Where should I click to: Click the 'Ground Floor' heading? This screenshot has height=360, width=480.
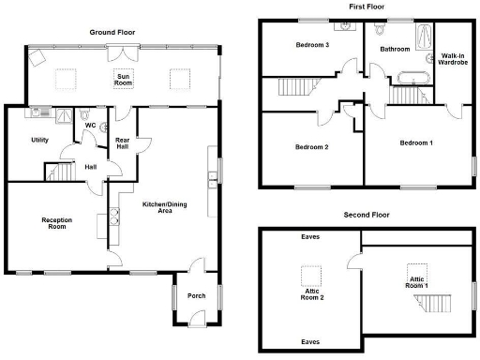112,32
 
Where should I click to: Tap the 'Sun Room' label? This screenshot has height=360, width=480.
123,79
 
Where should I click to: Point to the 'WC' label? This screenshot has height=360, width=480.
91,125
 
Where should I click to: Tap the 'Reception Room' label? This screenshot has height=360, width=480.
57,223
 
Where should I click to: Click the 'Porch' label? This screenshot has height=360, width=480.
196,295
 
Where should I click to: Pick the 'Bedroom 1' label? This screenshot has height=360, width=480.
416,142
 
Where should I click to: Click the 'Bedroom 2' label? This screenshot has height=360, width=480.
311,147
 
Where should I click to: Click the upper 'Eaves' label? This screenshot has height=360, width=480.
310,236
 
